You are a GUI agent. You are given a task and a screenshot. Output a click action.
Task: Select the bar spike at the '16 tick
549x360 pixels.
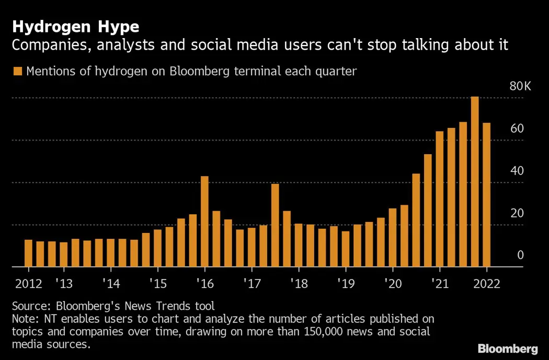tap(204, 222)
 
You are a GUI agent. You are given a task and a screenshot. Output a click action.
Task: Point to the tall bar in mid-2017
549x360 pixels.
tap(275, 225)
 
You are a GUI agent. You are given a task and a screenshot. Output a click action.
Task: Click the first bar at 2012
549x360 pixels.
tap(28, 253)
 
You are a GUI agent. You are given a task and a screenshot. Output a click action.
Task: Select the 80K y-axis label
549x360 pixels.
tap(520, 86)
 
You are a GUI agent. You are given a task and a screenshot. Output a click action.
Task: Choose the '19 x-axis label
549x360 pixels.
tap(346, 284)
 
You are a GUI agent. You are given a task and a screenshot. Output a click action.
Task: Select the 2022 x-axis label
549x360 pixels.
tap(486, 284)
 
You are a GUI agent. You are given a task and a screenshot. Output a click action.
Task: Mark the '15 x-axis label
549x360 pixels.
tap(157, 284)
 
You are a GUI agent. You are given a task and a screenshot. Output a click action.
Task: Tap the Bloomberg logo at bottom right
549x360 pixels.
tap(507, 349)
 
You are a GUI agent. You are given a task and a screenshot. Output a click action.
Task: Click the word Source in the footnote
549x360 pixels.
tap(29, 306)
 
